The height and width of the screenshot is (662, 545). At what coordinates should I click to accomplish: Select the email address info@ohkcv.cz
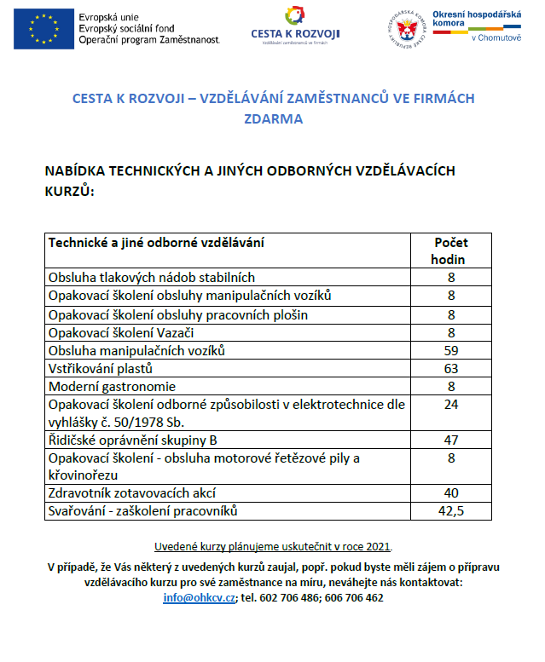(x=199, y=597)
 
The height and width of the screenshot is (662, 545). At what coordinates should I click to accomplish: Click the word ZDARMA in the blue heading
(x=272, y=119)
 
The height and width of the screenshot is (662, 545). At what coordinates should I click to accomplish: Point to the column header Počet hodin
(x=451, y=250)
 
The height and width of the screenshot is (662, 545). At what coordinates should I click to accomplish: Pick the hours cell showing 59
(x=451, y=350)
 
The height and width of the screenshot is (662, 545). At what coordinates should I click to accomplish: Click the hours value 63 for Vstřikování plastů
(x=451, y=369)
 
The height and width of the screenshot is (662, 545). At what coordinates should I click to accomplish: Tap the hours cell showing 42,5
(x=451, y=511)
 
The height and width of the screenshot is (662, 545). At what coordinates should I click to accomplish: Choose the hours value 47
(x=451, y=440)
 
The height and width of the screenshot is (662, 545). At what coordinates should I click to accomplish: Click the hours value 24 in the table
(x=451, y=405)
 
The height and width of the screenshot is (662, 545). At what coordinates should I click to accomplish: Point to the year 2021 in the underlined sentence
(x=377, y=546)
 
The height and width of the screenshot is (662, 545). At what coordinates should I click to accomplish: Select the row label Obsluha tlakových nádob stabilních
(x=152, y=277)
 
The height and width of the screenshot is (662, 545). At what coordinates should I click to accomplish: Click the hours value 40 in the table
(x=451, y=493)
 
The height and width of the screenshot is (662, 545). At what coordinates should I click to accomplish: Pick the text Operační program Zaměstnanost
(x=148, y=40)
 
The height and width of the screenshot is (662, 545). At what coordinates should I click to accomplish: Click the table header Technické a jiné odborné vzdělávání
(x=156, y=242)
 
